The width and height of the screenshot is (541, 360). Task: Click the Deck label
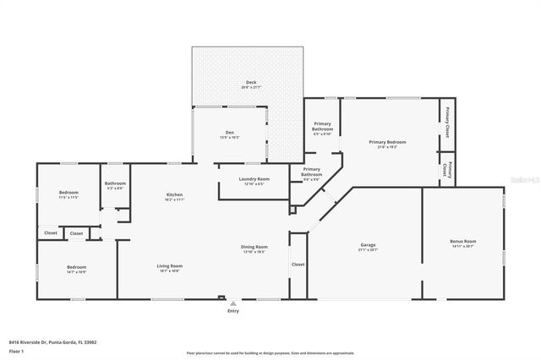pyautogui.click(x=251, y=82)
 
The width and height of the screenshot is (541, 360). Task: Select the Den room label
pyautogui.click(x=229, y=132)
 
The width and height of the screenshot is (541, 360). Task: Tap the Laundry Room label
pyautogui.click(x=254, y=179)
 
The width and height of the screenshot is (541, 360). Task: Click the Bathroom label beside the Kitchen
pyautogui.click(x=115, y=183)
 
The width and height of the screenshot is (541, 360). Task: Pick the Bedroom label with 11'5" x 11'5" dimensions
pyautogui.click(x=68, y=194)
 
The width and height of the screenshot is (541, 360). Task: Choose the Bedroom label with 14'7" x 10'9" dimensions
pyautogui.click(x=76, y=267)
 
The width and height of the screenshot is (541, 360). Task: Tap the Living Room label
pyautogui.click(x=170, y=266)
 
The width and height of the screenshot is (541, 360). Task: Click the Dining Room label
pyautogui.click(x=254, y=247)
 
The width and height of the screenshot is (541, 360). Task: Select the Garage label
pyautogui.click(x=367, y=246)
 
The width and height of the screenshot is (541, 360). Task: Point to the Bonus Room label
pyautogui.click(x=463, y=242)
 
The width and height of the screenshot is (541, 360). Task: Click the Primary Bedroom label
pyautogui.click(x=387, y=142)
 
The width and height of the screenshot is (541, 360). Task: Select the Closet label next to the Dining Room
pyautogui.click(x=298, y=265)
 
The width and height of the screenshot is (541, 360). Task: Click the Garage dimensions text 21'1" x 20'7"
pyautogui.click(x=367, y=250)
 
